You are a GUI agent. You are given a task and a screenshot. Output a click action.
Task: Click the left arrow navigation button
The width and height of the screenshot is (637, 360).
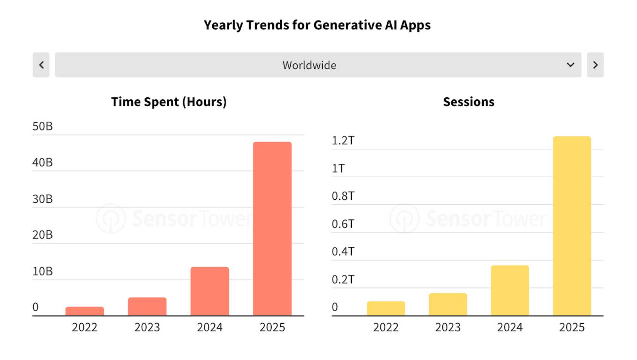pos(41,65)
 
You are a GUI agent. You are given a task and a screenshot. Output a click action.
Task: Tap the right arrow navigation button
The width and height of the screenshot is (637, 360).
pos(595,65)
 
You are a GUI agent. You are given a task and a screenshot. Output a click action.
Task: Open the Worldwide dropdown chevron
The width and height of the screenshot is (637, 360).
pos(570,65)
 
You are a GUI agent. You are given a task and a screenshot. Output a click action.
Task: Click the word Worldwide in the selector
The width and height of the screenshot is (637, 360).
pos(309,65)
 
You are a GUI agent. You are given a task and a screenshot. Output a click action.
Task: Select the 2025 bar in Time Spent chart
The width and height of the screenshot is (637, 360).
pos(272,229)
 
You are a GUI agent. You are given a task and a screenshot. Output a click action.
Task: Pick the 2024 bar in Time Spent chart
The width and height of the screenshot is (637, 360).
pos(210,291)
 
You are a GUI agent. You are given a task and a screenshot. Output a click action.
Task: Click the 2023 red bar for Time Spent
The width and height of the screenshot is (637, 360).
pos(147,306)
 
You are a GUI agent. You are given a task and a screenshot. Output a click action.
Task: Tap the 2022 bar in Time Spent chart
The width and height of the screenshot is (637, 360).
pos(85,311)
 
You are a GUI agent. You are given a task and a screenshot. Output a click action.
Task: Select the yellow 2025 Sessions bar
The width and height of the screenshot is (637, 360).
pos(572,226)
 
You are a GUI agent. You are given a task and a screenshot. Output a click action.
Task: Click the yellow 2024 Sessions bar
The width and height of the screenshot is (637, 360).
pos(510,290)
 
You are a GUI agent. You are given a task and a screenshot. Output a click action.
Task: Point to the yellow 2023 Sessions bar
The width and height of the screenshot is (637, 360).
pos(448,304)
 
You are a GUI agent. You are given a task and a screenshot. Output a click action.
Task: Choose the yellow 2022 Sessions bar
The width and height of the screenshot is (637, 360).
pos(386,309)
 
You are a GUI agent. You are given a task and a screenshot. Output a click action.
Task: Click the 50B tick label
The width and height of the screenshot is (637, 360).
pos(42,126)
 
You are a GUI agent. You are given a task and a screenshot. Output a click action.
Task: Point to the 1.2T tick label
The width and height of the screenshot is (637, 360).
pos(343,141)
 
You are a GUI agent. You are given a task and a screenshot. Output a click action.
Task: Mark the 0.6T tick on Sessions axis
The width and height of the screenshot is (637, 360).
pos(343,224)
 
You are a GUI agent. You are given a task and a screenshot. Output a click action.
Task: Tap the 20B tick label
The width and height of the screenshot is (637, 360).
pos(42,235)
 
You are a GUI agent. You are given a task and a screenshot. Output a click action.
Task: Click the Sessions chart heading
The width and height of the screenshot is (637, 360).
pos(468,102)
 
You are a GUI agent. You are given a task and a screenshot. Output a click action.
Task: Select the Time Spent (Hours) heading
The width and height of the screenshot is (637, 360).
pos(169,102)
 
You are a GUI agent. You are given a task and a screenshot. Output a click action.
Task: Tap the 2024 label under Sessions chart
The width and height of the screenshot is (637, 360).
pos(510,327)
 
